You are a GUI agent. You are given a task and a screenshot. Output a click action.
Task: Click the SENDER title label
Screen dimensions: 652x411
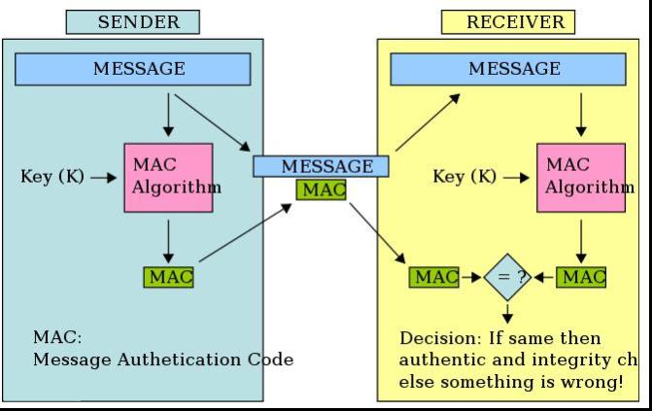133,22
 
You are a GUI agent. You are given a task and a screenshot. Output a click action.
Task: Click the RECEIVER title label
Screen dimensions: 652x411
508,22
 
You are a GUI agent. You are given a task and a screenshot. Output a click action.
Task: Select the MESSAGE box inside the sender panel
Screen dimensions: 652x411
133,69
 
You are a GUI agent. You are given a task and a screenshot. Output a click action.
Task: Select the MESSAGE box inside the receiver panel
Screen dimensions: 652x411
508,69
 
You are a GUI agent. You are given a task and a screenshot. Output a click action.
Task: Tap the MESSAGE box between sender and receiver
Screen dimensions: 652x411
321,166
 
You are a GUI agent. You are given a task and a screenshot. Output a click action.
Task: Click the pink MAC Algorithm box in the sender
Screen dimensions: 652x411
168,178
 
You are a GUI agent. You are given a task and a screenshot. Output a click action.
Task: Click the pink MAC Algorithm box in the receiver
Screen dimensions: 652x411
581,178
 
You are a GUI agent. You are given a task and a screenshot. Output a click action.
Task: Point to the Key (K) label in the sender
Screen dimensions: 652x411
52,177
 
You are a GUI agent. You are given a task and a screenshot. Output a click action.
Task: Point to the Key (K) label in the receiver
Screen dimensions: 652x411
464,177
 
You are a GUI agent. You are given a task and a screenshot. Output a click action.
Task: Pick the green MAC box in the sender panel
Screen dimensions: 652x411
168,277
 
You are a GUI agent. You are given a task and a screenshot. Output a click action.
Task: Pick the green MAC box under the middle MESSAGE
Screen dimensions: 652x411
321,189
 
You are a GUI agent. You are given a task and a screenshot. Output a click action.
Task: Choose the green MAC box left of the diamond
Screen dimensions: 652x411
434,277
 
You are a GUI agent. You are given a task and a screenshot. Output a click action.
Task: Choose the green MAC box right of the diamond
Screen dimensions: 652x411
581,277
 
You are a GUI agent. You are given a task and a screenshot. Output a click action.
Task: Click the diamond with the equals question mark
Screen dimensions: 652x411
507,277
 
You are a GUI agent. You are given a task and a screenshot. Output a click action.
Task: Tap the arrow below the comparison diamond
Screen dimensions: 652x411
507,314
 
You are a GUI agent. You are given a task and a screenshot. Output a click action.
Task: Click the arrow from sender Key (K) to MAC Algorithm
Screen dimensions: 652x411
104,178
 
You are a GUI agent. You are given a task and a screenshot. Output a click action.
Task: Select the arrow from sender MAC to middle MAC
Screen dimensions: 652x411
245,232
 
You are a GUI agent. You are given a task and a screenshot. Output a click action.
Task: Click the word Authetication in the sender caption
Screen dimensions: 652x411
179,360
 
